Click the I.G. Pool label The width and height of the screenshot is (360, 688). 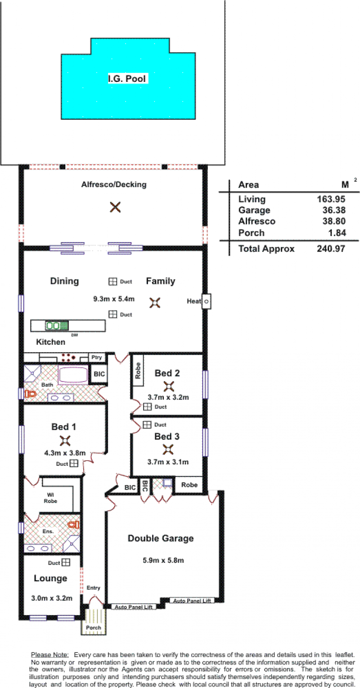[x=127, y=79]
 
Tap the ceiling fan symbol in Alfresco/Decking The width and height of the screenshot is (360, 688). [x=115, y=207]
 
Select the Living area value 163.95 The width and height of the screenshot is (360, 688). [x=331, y=199]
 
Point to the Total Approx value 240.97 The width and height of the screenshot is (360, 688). [x=331, y=248]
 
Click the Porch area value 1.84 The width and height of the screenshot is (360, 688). [x=337, y=233]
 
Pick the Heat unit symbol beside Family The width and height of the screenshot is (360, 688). [x=207, y=301]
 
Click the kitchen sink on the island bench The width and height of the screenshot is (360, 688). [x=57, y=326]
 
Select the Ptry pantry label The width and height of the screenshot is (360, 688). [x=97, y=357]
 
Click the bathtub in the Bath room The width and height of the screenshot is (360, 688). [x=73, y=375]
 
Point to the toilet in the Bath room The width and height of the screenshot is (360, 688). [x=31, y=394]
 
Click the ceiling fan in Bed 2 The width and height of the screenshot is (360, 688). [x=169, y=387]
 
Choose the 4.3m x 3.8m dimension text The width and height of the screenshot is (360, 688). [x=65, y=453]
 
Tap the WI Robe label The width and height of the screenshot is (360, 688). [x=50, y=498]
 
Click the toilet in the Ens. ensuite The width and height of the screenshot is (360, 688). [x=74, y=524]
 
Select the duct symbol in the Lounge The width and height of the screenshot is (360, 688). [x=66, y=562]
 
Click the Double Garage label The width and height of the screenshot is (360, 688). [x=161, y=538]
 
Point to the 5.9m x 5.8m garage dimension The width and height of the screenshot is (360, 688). [x=163, y=560]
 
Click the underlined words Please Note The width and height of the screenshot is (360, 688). [x=50, y=655]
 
